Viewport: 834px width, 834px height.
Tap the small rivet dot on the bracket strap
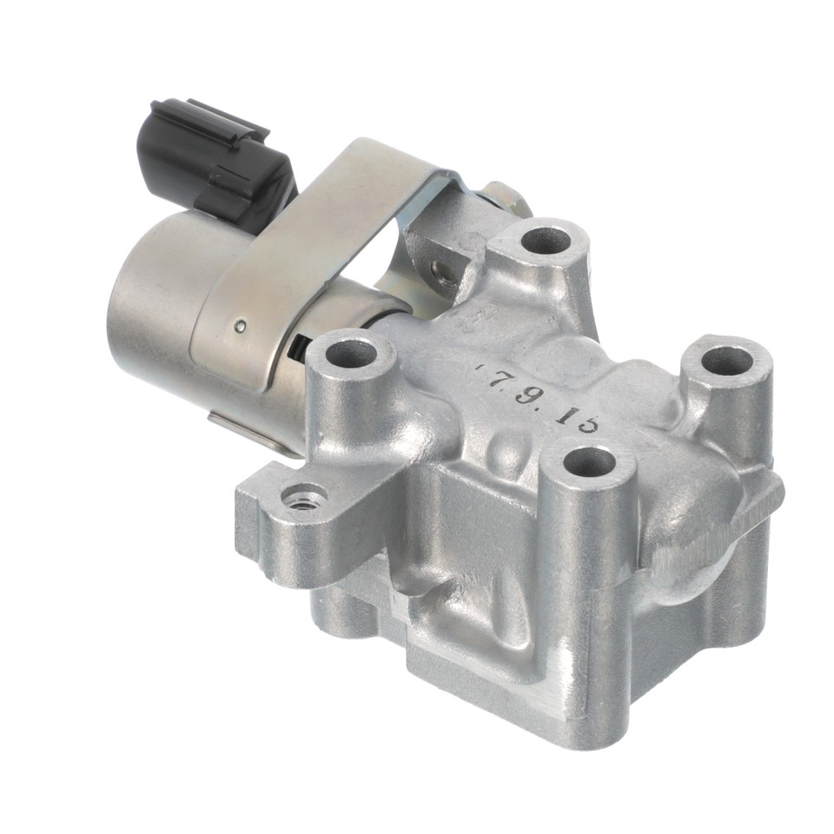point(241,327)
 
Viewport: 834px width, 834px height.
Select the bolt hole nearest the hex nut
point(546,239)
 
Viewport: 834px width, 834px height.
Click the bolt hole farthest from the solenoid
point(726,360)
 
